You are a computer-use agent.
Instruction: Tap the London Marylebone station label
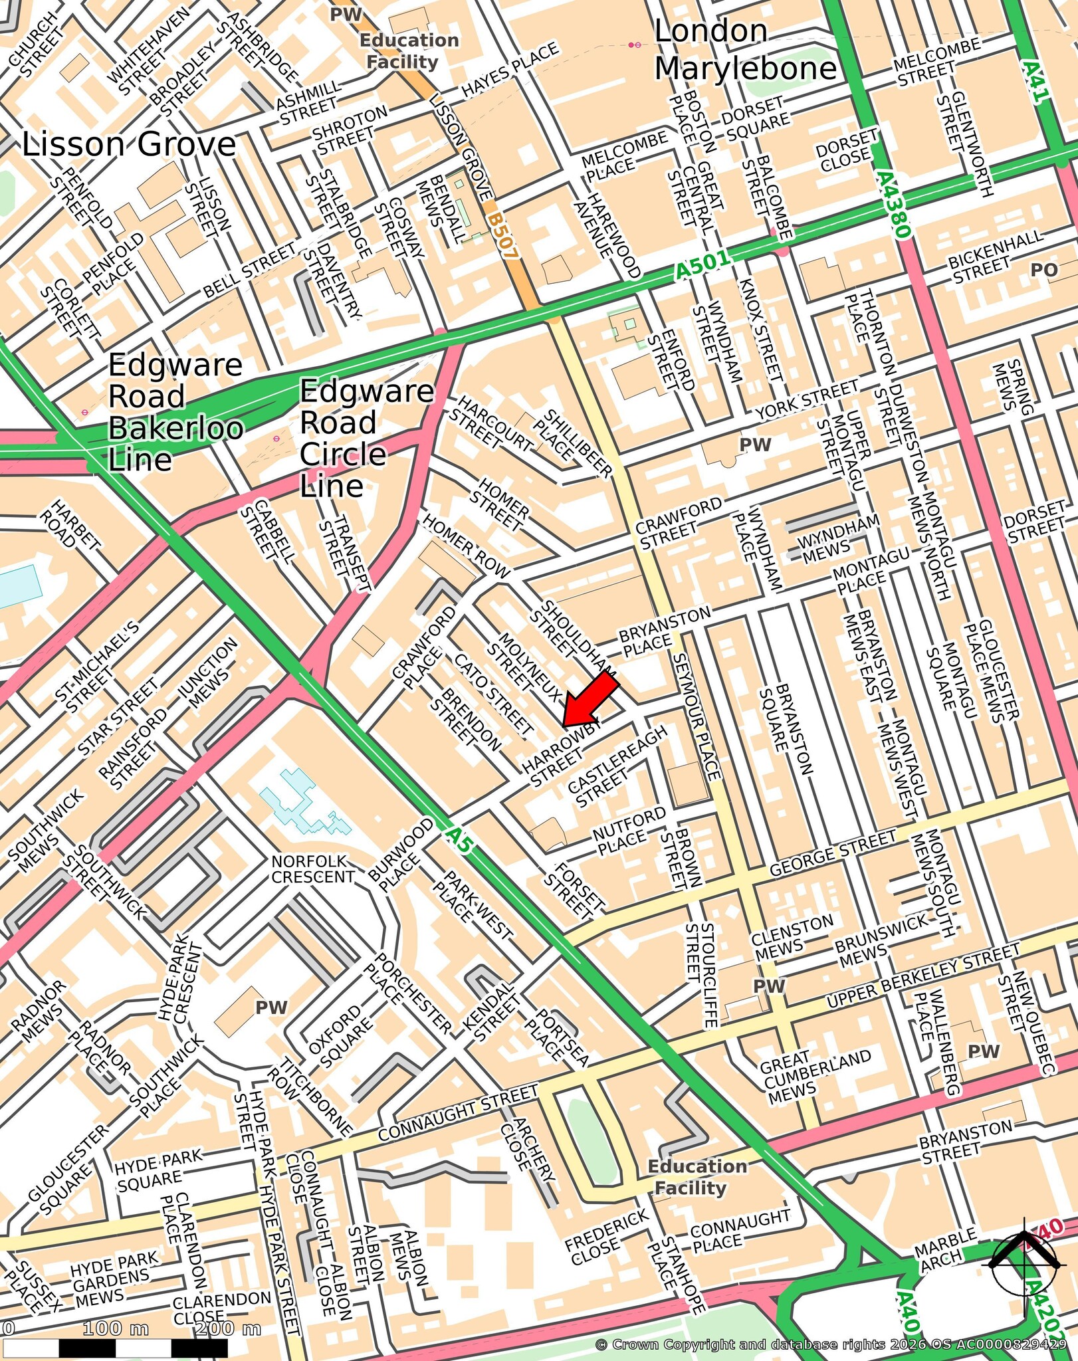click(744, 51)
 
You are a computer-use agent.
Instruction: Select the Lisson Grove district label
click(129, 145)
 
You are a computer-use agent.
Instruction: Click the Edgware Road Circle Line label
click(366, 439)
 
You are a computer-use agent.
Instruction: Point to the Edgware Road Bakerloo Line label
click(175, 412)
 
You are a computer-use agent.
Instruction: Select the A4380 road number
click(892, 205)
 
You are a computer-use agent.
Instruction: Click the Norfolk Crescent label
click(312, 869)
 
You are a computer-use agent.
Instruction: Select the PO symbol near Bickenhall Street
click(1043, 270)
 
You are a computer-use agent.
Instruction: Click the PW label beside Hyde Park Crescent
click(271, 1007)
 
